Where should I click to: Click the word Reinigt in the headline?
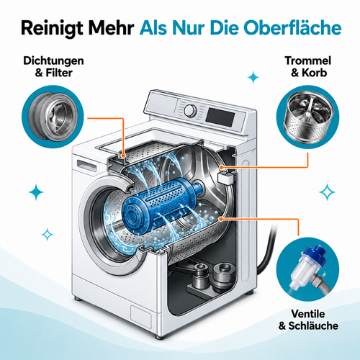click(52, 28)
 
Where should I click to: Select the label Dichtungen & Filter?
click(53, 67)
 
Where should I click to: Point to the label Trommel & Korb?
click(308, 66)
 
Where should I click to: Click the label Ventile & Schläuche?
click(308, 320)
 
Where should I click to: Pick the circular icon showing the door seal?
click(53, 117)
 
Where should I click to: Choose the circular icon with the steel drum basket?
click(308, 117)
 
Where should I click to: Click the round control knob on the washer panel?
click(190, 110)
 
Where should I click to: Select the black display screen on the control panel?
click(220, 117)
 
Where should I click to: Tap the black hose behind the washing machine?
click(267, 250)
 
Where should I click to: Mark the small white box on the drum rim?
click(225, 178)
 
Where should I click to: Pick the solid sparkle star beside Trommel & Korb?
click(253, 77)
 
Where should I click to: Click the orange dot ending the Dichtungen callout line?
click(124, 156)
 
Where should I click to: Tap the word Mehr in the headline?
click(111, 28)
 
